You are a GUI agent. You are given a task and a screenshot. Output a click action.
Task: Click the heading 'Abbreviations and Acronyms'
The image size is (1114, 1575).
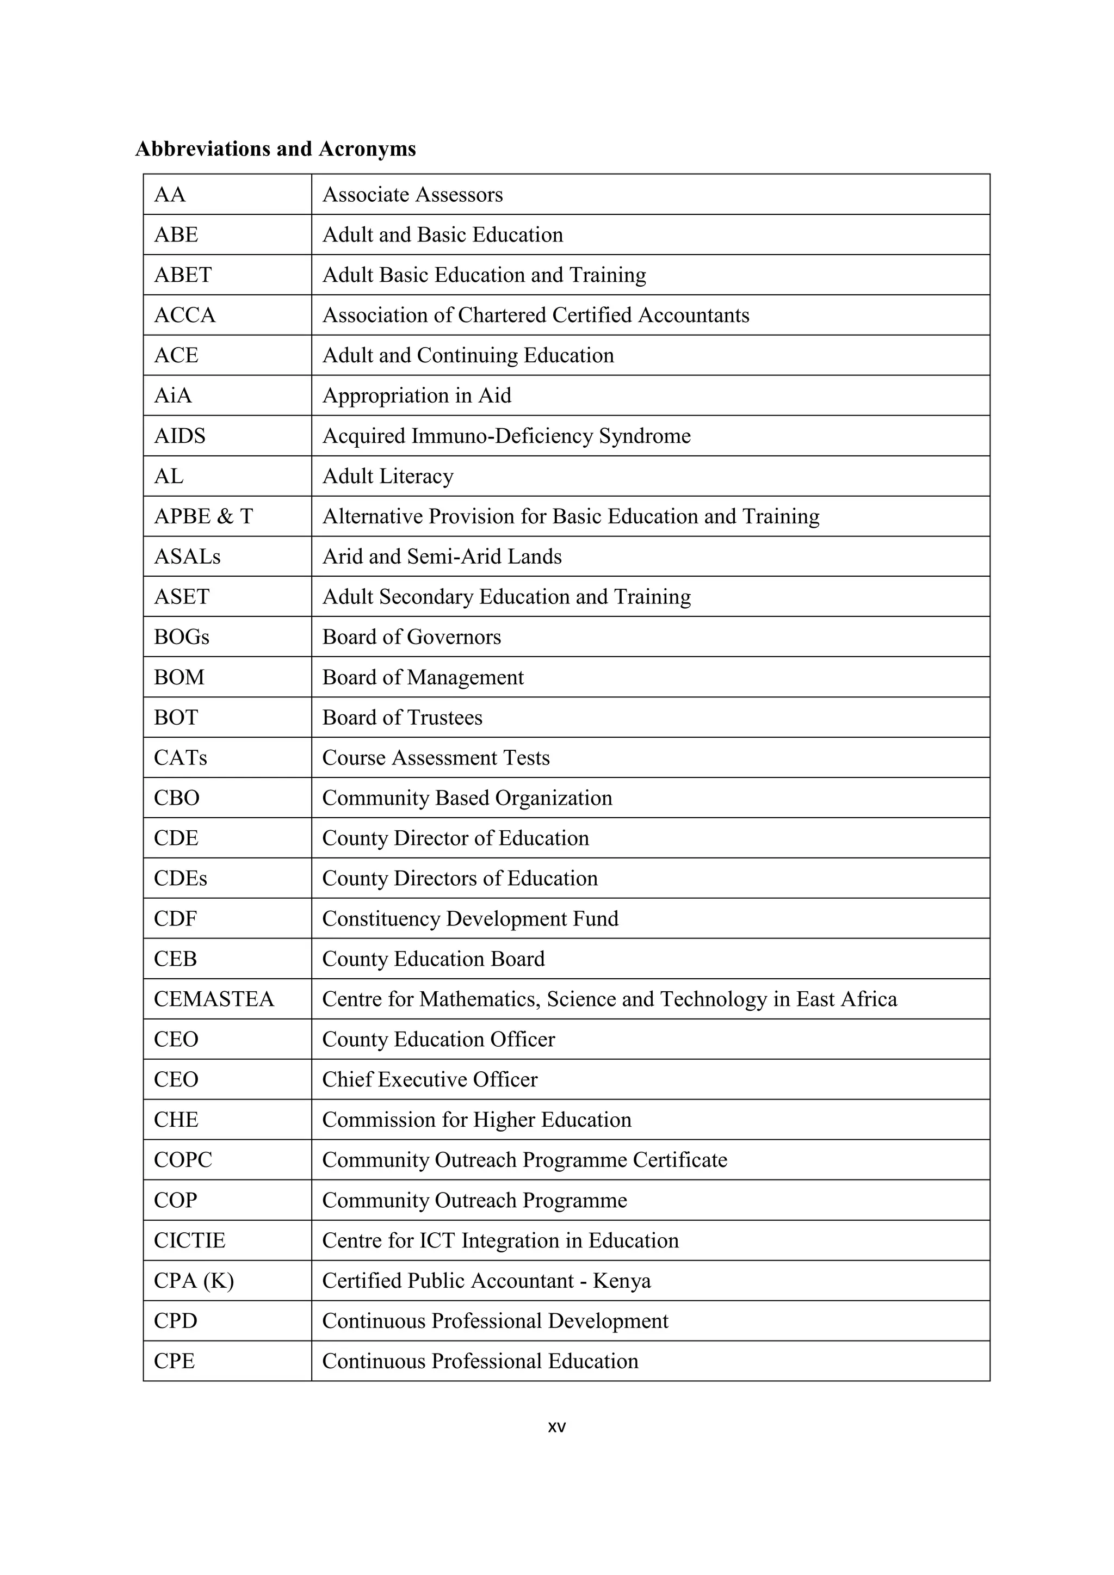(x=275, y=149)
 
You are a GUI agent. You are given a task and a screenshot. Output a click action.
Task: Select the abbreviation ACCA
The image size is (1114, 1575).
(x=184, y=315)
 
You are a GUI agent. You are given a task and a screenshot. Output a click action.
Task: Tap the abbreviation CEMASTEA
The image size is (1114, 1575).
(x=213, y=999)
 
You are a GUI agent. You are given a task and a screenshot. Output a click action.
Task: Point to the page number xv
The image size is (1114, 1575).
(x=556, y=1427)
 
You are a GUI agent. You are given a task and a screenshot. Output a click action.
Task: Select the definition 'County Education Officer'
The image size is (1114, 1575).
(x=438, y=1039)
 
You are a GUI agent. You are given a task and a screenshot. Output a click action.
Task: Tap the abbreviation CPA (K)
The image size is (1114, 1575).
(x=194, y=1280)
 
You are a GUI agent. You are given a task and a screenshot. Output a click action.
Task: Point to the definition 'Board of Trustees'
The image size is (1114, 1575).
(x=402, y=718)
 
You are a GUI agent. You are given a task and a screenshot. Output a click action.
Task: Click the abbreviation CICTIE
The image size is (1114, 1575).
(x=189, y=1240)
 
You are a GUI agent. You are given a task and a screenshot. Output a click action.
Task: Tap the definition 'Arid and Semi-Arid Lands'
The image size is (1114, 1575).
(x=442, y=557)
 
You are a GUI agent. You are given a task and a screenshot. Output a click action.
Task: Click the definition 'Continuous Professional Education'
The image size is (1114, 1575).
(x=480, y=1361)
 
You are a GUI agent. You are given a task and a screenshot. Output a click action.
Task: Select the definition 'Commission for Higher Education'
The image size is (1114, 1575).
(x=476, y=1120)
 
